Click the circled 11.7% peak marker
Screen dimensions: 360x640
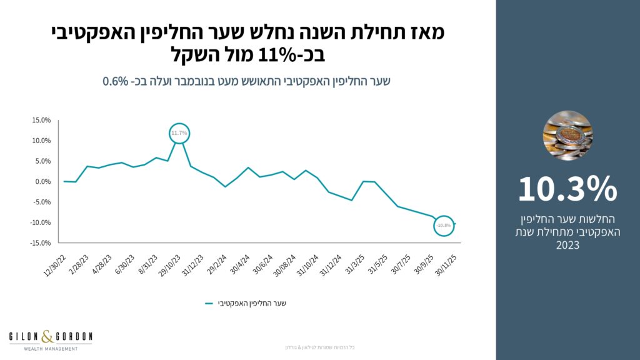pos(179,133)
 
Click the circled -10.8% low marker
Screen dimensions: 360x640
pos(444,225)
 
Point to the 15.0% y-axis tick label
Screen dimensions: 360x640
pos(41,121)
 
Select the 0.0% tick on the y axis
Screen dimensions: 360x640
pos(42,182)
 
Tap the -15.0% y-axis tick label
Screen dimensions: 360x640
pos(41,243)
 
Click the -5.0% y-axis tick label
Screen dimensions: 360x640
pos(42,202)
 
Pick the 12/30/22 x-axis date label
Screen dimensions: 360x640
pos(54,266)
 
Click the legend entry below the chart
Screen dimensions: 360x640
pos(246,304)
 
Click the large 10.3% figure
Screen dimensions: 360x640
pos(567,189)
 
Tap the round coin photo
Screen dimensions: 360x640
pos(567,136)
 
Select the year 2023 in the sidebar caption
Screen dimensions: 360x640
pos(567,246)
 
